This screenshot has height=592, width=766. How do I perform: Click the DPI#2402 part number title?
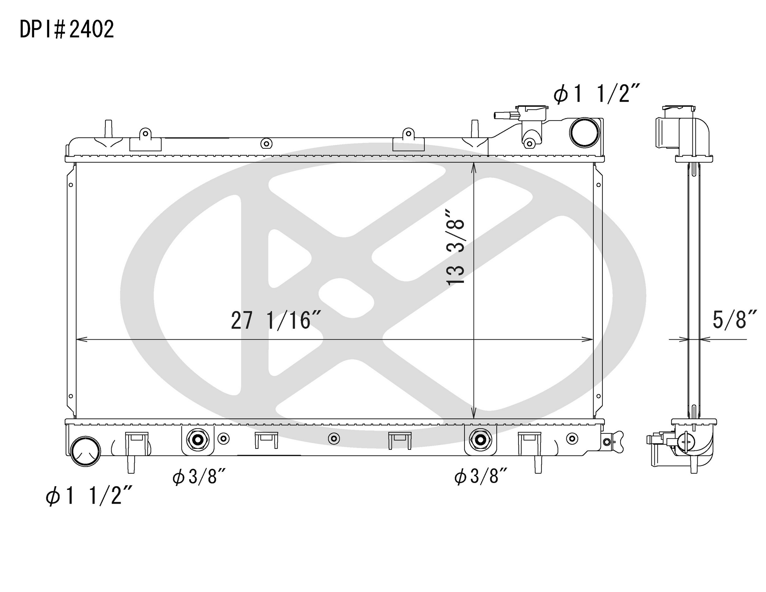point(66,29)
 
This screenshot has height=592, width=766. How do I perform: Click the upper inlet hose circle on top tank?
point(584,132)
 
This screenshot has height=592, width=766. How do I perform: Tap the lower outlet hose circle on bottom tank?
point(85,452)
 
